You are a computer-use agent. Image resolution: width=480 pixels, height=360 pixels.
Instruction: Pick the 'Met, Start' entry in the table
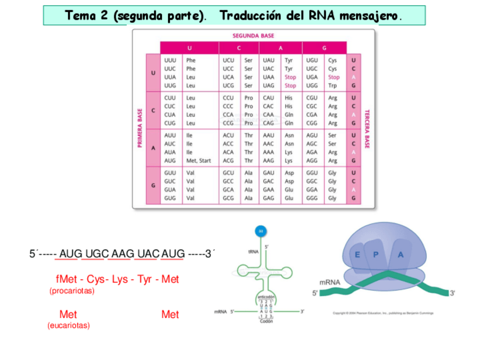[199, 161]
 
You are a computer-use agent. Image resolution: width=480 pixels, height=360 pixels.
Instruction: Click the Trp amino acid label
[332, 86]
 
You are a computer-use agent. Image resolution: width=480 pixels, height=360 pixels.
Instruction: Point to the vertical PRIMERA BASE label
[139, 129]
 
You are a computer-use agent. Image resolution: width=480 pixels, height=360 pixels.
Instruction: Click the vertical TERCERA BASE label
[367, 129]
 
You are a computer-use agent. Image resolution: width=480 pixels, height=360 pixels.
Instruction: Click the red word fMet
[66, 280]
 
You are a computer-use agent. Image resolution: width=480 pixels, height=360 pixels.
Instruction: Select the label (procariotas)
[72, 291]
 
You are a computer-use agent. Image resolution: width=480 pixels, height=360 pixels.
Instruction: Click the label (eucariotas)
[68, 325]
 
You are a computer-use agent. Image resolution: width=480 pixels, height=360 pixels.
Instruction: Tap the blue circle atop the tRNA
[261, 231]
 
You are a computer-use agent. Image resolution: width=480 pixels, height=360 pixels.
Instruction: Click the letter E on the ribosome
[358, 255]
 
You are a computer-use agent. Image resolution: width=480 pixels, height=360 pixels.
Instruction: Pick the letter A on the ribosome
[401, 254]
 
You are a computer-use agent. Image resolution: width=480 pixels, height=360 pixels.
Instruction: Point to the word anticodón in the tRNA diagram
[266, 297]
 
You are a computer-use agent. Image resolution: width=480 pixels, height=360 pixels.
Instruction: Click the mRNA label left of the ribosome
[329, 282]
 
